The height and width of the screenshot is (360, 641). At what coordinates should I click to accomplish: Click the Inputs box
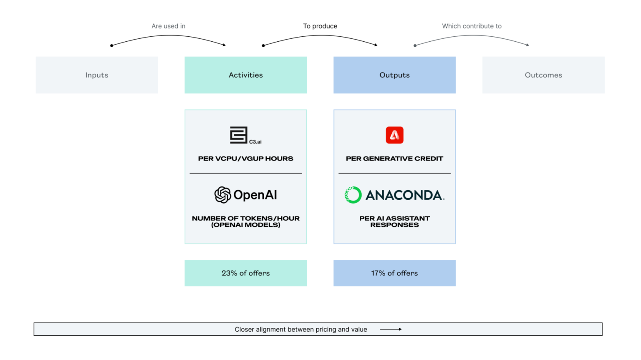point(97,75)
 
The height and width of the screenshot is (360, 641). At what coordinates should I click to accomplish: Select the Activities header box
point(245,75)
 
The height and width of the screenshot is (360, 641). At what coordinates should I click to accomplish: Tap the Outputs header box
point(394,75)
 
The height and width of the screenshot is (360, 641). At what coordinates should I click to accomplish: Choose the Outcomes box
point(543,75)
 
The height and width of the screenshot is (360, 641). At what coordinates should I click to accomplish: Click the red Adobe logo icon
point(394,135)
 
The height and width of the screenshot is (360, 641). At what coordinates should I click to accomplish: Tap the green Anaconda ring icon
point(353,195)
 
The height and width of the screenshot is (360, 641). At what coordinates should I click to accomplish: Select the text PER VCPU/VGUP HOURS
point(245,159)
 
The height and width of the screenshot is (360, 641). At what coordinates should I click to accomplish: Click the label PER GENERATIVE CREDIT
point(394,159)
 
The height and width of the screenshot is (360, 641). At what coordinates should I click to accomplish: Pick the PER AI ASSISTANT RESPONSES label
point(394,222)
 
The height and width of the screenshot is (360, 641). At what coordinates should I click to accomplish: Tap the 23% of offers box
point(245,273)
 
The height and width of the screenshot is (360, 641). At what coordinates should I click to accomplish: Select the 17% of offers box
point(394,273)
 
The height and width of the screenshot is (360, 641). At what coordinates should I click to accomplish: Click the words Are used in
point(168,26)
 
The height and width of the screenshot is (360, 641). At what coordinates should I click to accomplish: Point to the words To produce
point(320,26)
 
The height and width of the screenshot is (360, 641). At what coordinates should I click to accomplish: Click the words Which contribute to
point(472,26)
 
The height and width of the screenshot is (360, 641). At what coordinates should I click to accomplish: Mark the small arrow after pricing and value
point(391,329)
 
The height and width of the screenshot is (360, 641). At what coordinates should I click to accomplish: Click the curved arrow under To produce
point(320,36)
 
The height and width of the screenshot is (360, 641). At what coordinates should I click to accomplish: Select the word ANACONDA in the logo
point(404,195)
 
